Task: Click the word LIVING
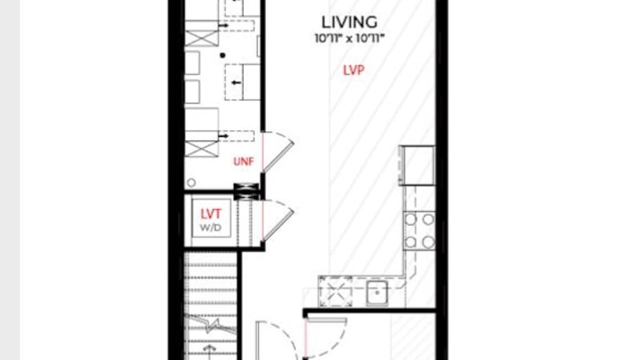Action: (349, 22)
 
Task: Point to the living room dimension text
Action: (349, 39)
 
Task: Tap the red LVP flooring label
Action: (354, 70)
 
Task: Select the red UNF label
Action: (243, 162)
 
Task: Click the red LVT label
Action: (211, 214)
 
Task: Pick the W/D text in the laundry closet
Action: (211, 228)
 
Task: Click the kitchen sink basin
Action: (377, 293)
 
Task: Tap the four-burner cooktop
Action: (420, 231)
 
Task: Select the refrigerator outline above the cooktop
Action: (417, 165)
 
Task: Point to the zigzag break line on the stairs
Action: (210, 325)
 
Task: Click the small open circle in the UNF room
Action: (191, 182)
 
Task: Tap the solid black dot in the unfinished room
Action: (223, 55)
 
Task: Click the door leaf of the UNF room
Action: (278, 157)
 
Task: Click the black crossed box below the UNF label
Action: (246, 191)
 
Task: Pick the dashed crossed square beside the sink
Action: (335, 291)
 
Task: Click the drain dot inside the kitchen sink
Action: (377, 293)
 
